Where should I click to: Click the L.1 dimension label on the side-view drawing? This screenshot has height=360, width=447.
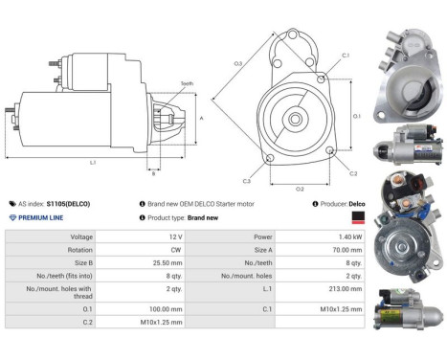(93, 162)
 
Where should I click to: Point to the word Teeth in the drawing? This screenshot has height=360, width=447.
(186, 84)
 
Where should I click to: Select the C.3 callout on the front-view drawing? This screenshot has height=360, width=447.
(247, 180)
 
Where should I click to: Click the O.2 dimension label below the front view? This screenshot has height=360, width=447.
(299, 189)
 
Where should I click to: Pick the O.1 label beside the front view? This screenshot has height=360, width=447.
(356, 116)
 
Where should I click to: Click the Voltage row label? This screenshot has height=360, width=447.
(81, 235)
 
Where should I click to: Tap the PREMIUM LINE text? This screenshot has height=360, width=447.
(44, 218)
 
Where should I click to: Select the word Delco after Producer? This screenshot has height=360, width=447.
(356, 204)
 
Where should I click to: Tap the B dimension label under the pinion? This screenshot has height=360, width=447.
(153, 173)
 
